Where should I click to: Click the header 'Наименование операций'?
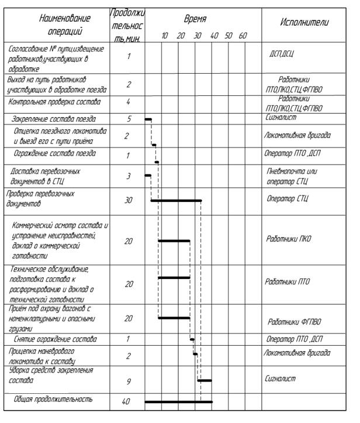tap(57, 25)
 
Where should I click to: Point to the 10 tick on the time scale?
tap(165, 36)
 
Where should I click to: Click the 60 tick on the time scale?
tap(243, 36)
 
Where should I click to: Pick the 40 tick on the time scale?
tap(214, 36)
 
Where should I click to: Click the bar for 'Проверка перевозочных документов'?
tap(176, 201)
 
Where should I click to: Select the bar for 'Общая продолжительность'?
tap(178, 402)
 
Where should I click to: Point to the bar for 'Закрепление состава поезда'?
tap(148, 119)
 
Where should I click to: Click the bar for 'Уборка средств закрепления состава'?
tap(204, 380)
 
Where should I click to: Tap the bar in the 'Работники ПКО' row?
tap(174, 240)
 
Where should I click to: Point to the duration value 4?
tap(128, 102)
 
